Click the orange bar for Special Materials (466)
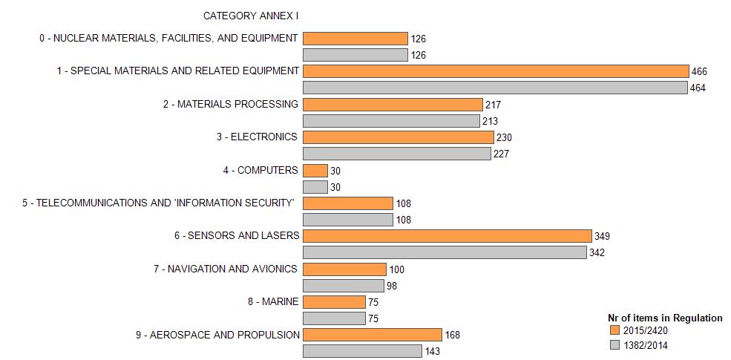click(x=496, y=71)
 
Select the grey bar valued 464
click(x=495, y=88)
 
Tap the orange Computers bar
click(x=315, y=170)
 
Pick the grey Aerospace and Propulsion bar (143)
click(x=362, y=351)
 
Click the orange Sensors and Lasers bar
click(x=447, y=236)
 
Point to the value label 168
click(x=453, y=336)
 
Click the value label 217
click(x=493, y=105)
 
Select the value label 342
click(x=597, y=253)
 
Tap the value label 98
click(x=393, y=286)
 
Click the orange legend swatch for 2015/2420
click(x=614, y=330)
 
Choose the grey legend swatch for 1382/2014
click(x=614, y=345)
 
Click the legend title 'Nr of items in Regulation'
click(x=664, y=318)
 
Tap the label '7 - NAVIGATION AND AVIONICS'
click(x=226, y=269)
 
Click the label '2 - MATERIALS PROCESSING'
click(x=231, y=104)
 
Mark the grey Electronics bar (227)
click(x=397, y=154)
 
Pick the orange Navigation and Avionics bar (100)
click(x=344, y=269)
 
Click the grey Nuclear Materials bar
click(x=355, y=55)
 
